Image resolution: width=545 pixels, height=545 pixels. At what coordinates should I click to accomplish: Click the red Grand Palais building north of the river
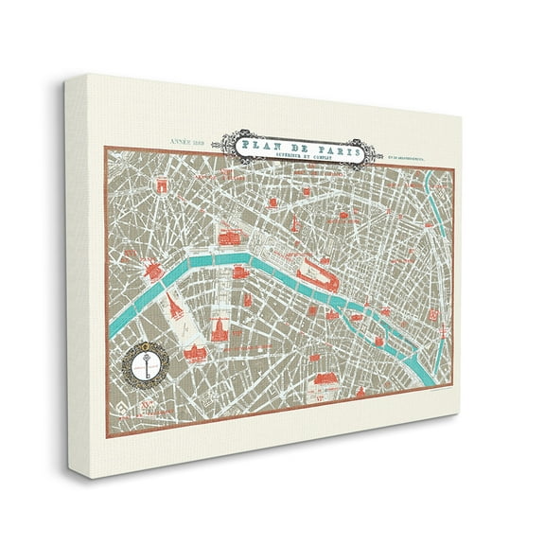click(x=230, y=237)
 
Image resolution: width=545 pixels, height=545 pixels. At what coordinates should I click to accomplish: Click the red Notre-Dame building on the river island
click(x=371, y=311)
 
